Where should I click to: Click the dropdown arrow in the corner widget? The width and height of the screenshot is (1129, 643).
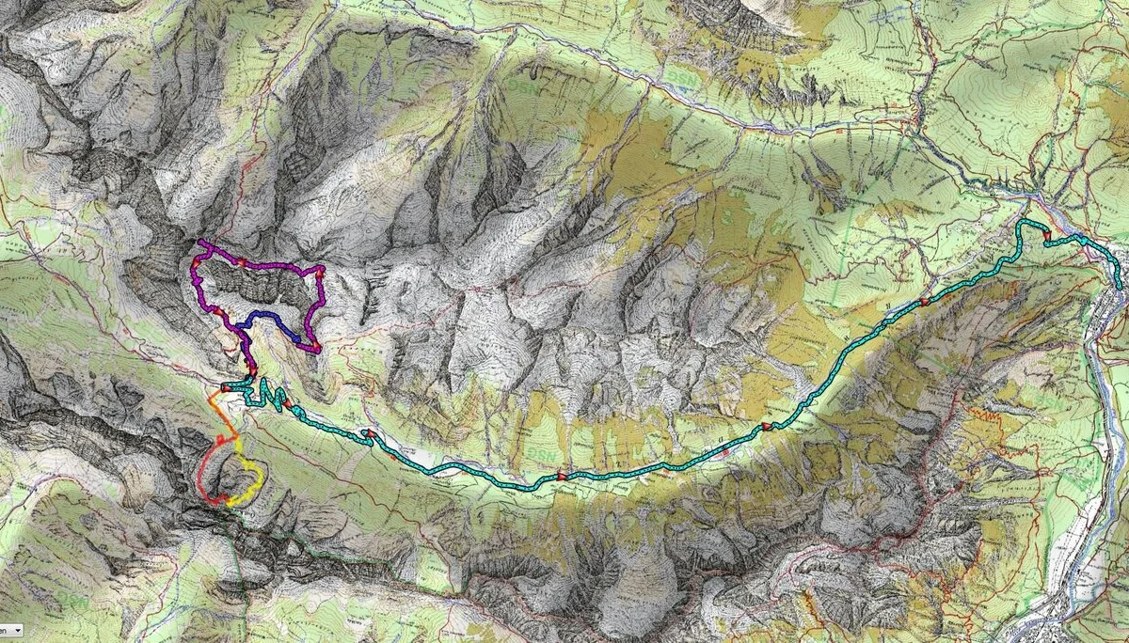click(x=18, y=629)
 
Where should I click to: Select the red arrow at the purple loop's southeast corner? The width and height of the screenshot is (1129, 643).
click(x=316, y=348)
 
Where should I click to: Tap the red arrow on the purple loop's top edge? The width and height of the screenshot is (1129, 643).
click(x=242, y=262)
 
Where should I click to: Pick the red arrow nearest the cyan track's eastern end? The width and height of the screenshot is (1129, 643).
click(x=1045, y=236)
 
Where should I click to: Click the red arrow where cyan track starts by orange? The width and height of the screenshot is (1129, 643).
click(x=225, y=387)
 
